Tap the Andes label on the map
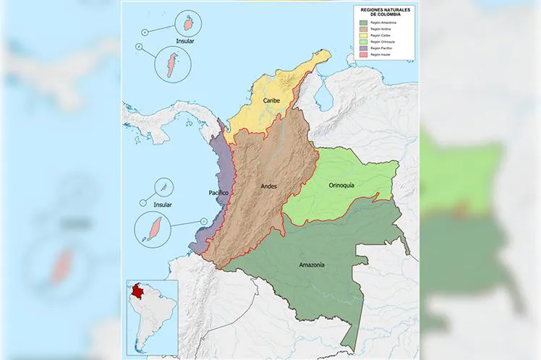click(x=268, y=186)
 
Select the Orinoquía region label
click(x=341, y=185)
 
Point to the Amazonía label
click(x=311, y=265)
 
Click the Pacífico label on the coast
click(x=218, y=193)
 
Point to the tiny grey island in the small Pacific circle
click(x=164, y=187)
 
